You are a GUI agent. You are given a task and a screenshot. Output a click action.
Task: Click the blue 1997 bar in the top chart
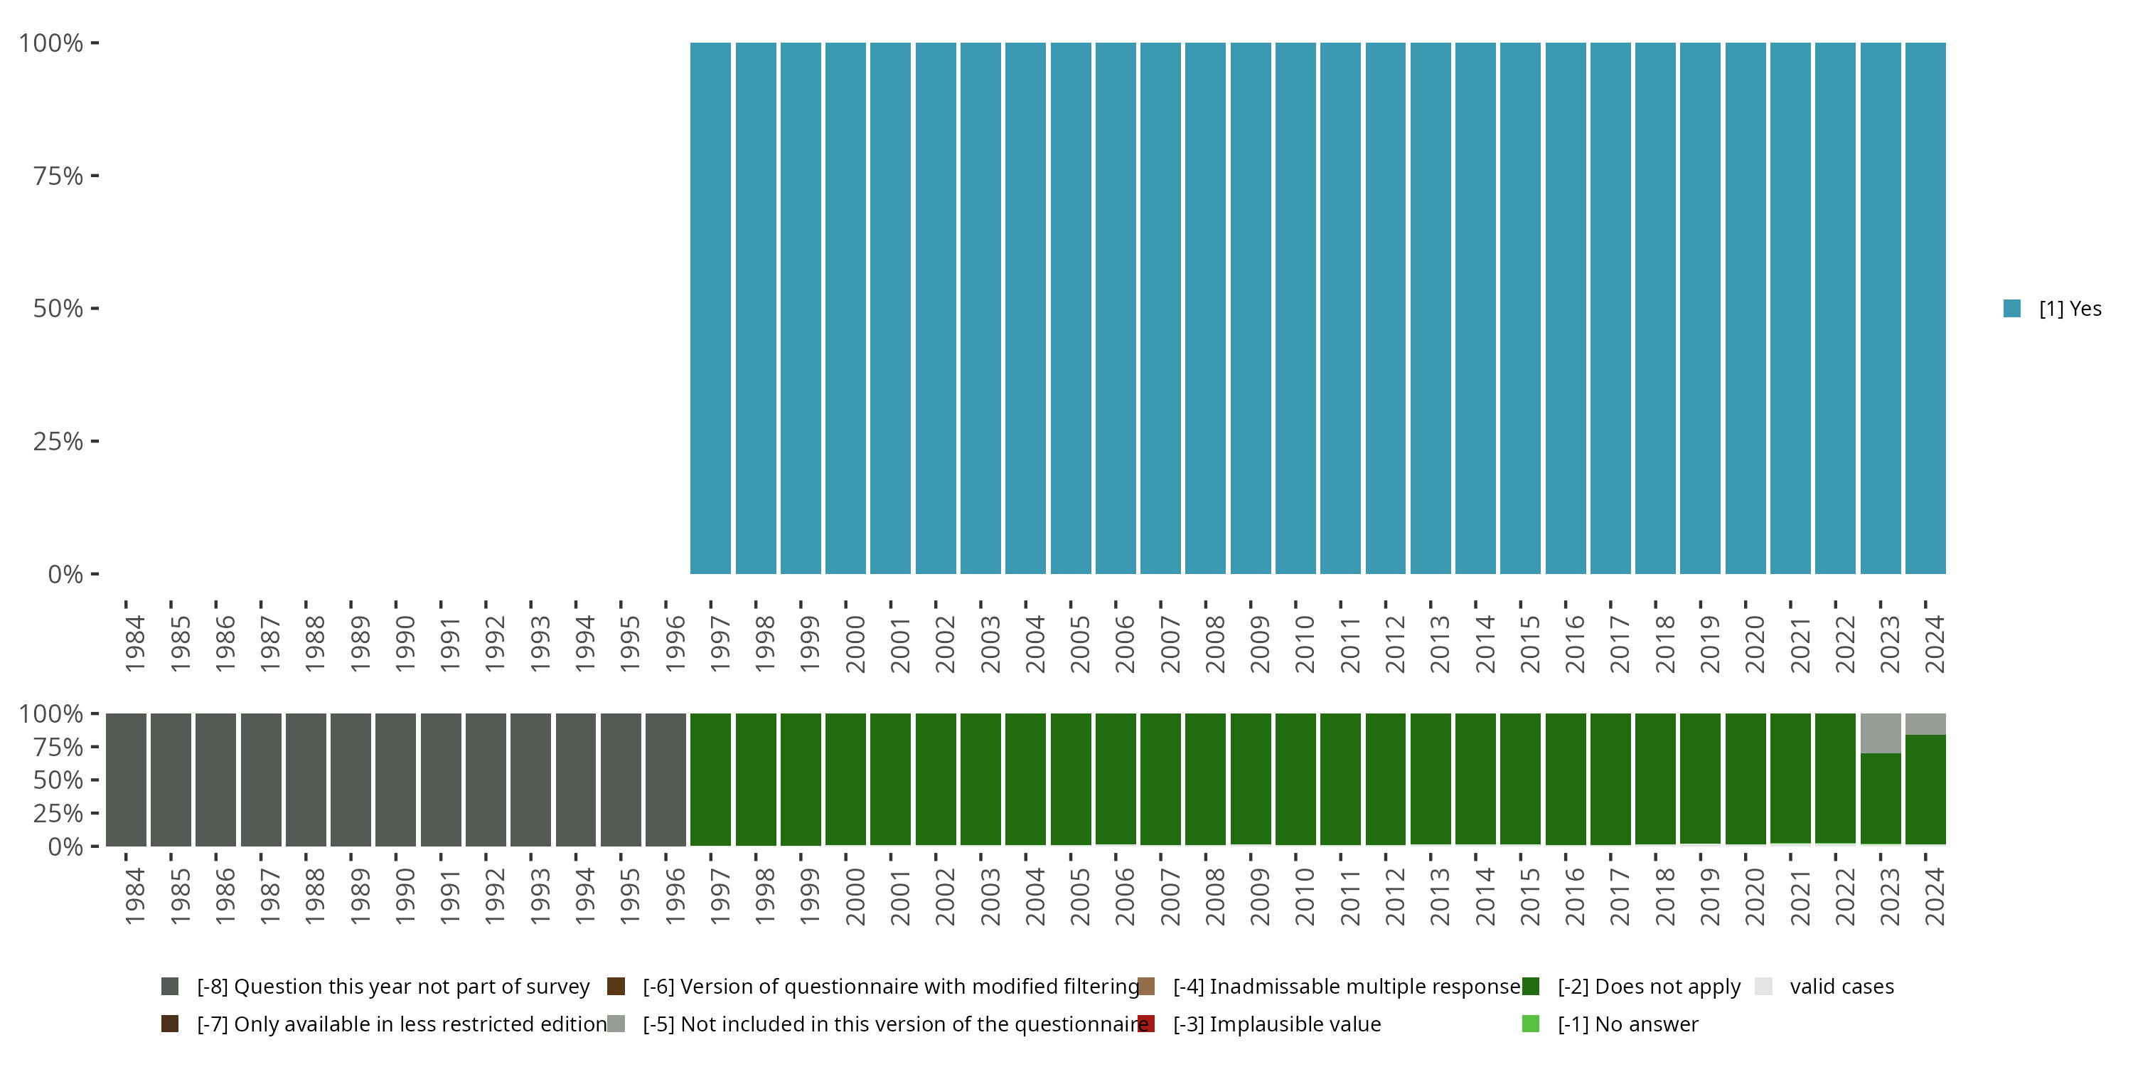coord(710,308)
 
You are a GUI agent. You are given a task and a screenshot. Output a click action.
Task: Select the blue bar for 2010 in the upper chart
coord(1295,308)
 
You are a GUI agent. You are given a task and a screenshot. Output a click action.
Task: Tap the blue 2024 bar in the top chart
coord(1925,308)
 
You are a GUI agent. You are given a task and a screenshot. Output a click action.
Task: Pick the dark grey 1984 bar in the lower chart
coord(126,780)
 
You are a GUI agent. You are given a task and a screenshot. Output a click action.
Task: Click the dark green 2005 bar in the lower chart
coord(1071,780)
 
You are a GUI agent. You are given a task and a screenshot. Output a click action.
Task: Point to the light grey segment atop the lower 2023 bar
coord(1881,733)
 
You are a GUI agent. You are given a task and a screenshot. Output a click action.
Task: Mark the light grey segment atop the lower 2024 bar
coord(1925,724)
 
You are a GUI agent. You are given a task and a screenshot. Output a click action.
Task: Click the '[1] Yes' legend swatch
coord(2012,308)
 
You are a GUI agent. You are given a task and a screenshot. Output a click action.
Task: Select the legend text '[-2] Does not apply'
coord(1649,987)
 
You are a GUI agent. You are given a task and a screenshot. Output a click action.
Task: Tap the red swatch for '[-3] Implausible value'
coord(1146,1024)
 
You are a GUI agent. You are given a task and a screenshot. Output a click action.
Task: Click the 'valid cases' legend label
coord(1841,987)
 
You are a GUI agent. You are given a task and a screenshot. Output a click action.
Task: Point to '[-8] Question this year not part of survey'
coord(393,987)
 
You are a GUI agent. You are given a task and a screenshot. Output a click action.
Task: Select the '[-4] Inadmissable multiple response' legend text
coord(1347,987)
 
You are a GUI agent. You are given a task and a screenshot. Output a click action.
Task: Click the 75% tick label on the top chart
coord(58,176)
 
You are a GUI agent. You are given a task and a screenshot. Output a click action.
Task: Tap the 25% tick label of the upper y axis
coord(58,442)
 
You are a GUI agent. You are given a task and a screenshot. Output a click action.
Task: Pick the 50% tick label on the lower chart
coord(58,780)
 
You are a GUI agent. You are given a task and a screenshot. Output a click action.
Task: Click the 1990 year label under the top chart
coord(405,644)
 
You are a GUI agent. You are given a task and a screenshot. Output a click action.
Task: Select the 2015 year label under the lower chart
coord(1529,896)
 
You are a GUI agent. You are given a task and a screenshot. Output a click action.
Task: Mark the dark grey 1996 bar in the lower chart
coord(665,780)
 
